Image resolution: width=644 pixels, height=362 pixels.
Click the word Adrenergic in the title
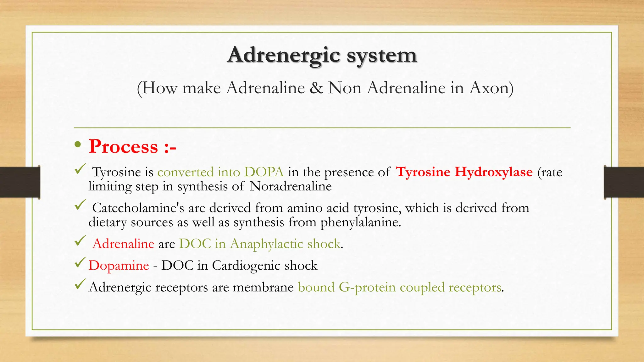pyautogui.click(x=284, y=55)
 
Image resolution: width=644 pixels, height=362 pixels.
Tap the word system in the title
pyautogui.click(x=382, y=55)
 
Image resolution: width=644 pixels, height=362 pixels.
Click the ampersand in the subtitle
pyautogui.click(x=316, y=88)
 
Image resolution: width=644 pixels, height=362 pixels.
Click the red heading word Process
pyautogui.click(x=123, y=146)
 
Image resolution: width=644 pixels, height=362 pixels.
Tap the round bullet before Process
pyautogui.click(x=78, y=145)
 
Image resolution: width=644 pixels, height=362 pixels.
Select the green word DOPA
pyautogui.click(x=264, y=172)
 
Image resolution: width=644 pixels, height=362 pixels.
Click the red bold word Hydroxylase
pyautogui.click(x=494, y=172)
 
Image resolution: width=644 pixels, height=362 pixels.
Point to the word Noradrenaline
pyautogui.click(x=291, y=186)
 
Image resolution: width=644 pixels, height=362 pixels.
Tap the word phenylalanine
pyautogui.click(x=360, y=222)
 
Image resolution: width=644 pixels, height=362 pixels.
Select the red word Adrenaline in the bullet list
pyautogui.click(x=123, y=244)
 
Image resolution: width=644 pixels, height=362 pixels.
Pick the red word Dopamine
pyautogui.click(x=119, y=266)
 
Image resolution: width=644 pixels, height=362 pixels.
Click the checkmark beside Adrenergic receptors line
pyautogui.click(x=80, y=284)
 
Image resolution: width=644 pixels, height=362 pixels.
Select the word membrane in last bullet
pyautogui.click(x=263, y=287)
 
